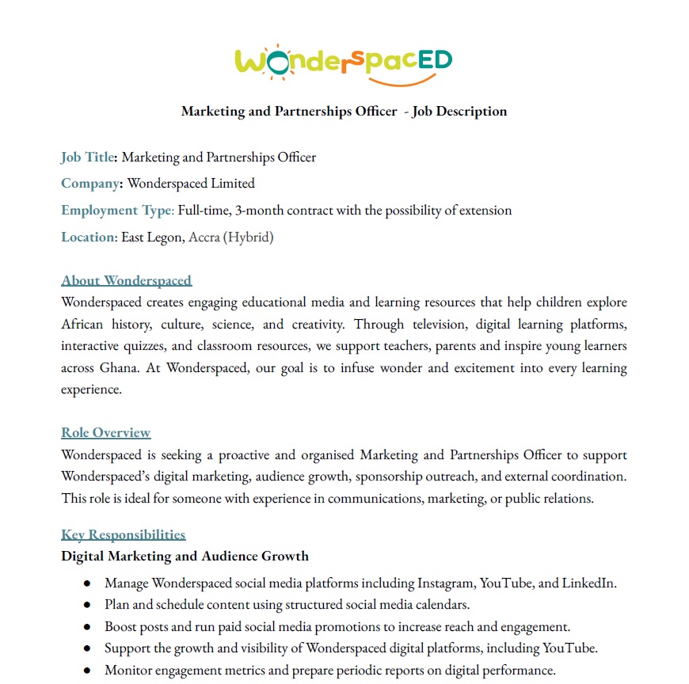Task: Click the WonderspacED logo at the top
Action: (x=344, y=61)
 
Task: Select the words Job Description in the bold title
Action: (x=459, y=111)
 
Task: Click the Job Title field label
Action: (x=87, y=157)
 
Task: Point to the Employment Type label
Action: (x=116, y=210)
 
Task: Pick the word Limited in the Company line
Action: (x=233, y=184)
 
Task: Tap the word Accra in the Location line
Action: (x=204, y=237)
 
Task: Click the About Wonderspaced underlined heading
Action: (x=126, y=280)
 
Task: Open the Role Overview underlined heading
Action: (x=105, y=432)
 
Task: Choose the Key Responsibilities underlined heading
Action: (x=123, y=534)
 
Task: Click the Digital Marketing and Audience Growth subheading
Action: (x=185, y=556)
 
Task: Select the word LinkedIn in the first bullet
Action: (x=588, y=583)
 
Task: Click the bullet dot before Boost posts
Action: (x=87, y=626)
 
